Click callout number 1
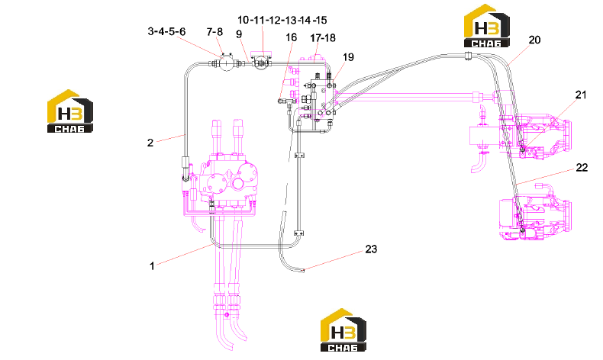click(152, 266)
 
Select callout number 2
click(150, 143)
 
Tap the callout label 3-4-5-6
click(166, 31)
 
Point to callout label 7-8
click(214, 32)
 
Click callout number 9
click(239, 34)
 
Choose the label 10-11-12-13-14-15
click(282, 20)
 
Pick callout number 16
click(291, 37)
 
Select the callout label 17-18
click(323, 38)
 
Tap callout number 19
click(348, 57)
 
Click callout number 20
click(534, 40)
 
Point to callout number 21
click(581, 95)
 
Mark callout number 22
click(582, 168)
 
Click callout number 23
click(371, 249)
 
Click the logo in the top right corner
click(486, 26)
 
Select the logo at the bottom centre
click(343, 329)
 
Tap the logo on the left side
click(70, 111)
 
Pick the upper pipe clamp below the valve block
click(299, 156)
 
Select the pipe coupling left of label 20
click(468, 56)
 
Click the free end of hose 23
click(304, 271)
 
